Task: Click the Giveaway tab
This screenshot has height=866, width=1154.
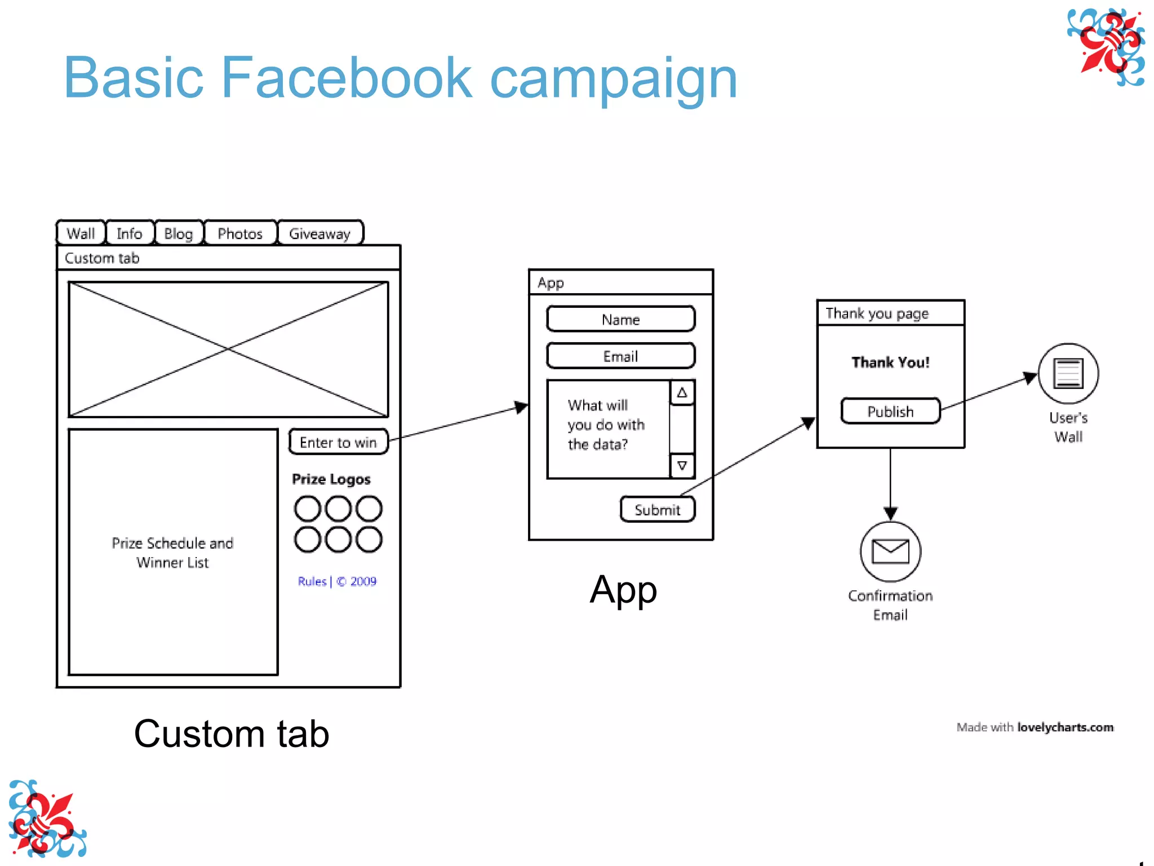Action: tap(320, 233)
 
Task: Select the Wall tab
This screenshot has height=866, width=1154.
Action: tap(81, 233)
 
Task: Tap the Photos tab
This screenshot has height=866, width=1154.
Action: tap(240, 233)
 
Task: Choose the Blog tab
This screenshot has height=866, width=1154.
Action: tap(178, 233)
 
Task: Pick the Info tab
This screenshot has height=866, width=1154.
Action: tap(129, 233)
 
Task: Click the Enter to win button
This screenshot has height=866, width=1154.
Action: tap(338, 443)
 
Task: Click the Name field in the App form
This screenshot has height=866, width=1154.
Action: tap(620, 320)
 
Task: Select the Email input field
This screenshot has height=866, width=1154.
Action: tap(620, 356)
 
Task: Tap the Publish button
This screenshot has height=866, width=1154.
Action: tap(890, 412)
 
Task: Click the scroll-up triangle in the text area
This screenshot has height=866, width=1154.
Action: tap(682, 393)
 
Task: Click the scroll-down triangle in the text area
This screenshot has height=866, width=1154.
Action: tap(682, 466)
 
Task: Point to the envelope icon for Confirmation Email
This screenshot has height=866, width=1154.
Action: tap(890, 551)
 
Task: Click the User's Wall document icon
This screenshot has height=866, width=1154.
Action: tap(1068, 373)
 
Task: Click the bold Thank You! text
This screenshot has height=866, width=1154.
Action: tap(890, 363)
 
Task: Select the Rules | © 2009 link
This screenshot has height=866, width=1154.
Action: tap(337, 581)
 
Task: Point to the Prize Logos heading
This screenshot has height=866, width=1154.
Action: tap(331, 479)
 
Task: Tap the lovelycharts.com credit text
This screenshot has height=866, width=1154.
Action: tap(1065, 727)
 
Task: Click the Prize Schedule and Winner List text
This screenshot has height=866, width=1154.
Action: tap(172, 553)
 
